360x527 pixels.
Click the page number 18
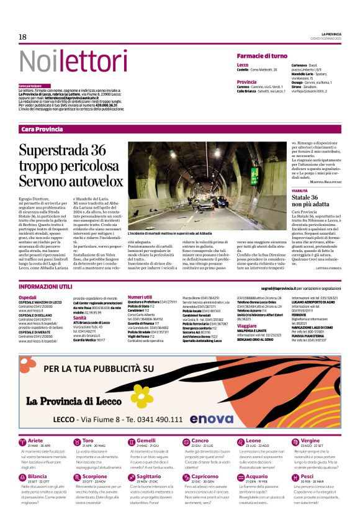[23, 37]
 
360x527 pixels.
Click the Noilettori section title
[64, 61]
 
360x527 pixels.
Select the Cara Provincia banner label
[42, 128]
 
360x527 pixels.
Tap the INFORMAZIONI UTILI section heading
[45, 287]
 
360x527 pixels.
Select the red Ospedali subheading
[28, 297]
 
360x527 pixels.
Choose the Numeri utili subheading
[140, 297]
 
